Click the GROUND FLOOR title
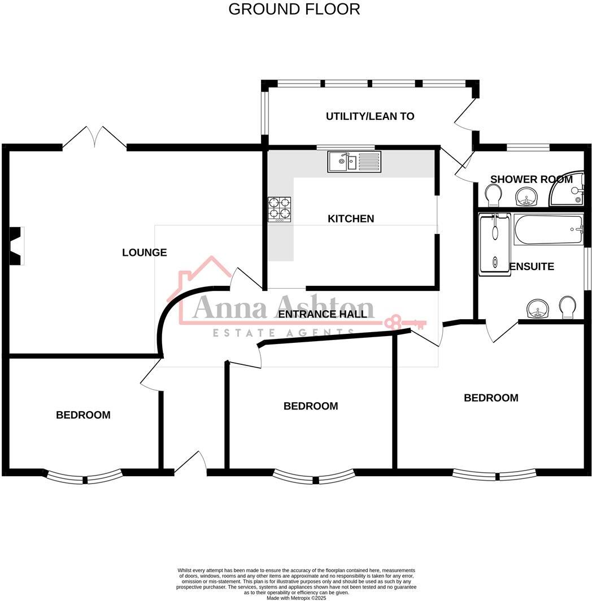point(294,9)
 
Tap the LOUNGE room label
point(144,252)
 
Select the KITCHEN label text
point(351,219)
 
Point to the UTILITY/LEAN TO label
point(370,116)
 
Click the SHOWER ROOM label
point(531,180)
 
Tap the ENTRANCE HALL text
point(323,314)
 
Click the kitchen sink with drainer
point(354,162)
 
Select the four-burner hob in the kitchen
point(279,209)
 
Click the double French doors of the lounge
point(94,138)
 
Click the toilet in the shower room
point(493,197)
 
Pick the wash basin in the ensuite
point(537,309)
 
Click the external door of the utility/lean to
point(464,116)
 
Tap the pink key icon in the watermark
point(404,323)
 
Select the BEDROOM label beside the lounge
point(83,415)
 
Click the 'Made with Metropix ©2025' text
point(296,598)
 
